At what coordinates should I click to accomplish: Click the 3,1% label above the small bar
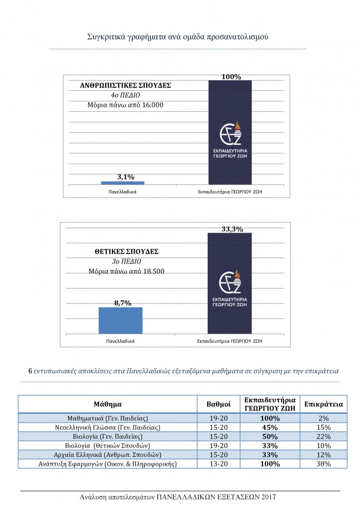coord(126,177)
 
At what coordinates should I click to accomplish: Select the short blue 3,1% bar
coord(122,183)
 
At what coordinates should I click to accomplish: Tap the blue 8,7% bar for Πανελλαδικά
coord(120,320)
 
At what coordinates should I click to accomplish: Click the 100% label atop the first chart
coord(231,77)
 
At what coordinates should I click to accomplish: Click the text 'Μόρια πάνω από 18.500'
coord(126,271)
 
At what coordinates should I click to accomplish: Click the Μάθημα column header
coord(108,404)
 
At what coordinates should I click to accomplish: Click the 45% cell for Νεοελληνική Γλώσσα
coord(270,427)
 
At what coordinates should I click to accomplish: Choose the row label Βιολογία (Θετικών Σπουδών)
coord(108,445)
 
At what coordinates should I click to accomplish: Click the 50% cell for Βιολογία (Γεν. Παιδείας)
coord(270,436)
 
